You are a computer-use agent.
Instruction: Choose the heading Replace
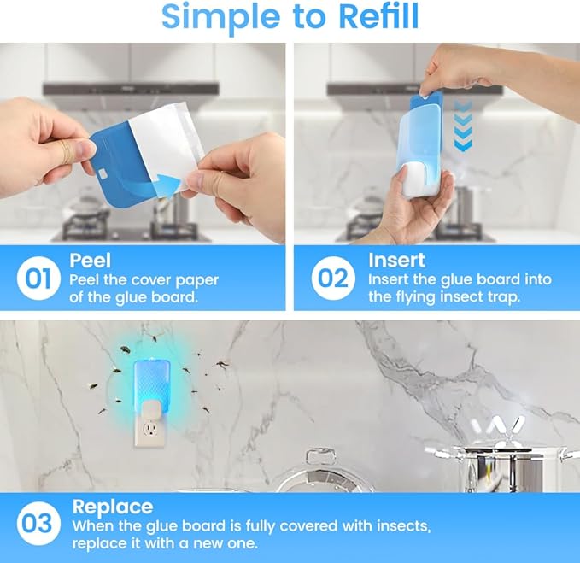click(x=112, y=507)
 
